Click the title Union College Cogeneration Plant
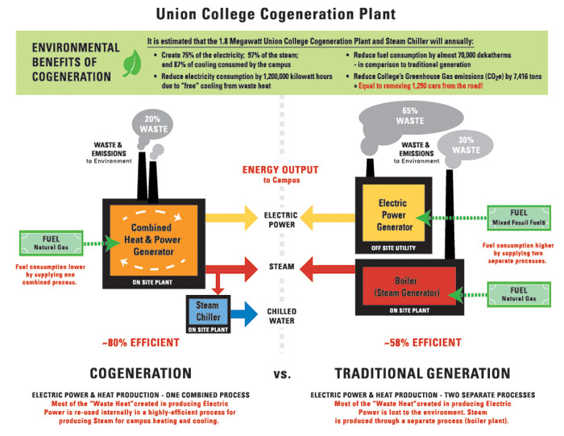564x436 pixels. pos(282,14)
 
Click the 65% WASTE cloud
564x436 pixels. pos(410,114)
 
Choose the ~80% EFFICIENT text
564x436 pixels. pos(141,343)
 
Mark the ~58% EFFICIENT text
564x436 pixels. pos(421,343)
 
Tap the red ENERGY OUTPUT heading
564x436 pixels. pos(280,170)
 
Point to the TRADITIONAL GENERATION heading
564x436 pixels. pos(422,374)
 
